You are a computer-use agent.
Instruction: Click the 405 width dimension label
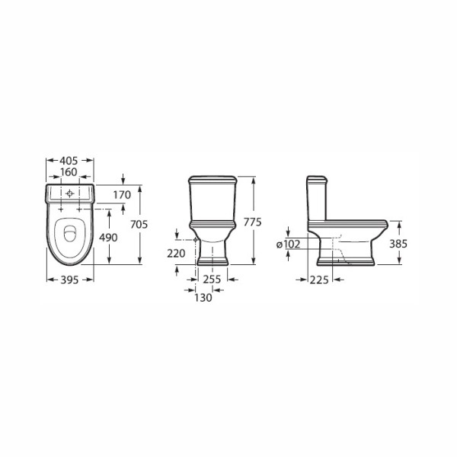69,161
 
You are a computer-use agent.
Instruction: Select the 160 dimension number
69,172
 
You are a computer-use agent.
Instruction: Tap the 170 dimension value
122,195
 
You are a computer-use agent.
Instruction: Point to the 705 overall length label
139,225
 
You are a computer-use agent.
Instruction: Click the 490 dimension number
108,238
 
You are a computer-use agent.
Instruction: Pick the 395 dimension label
69,280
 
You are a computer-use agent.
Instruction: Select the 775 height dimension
252,222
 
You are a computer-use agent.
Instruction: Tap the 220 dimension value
176,254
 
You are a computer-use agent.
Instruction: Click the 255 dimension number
212,280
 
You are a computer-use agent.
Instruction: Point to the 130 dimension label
203,298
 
